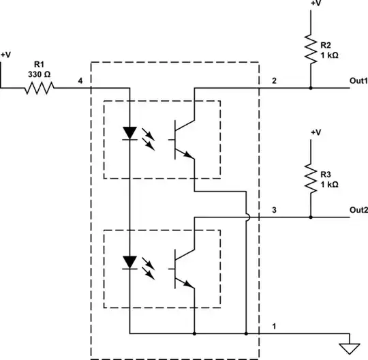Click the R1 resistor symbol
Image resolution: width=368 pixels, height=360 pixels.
click(40, 88)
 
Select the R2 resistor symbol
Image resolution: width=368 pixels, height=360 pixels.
click(311, 50)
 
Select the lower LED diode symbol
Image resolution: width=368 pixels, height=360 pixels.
click(127, 261)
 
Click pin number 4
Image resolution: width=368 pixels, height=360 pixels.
click(80, 81)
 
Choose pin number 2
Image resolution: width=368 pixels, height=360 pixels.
click(273, 81)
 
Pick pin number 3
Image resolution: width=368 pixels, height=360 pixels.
click(273, 209)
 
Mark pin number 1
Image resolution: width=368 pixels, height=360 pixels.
click(275, 326)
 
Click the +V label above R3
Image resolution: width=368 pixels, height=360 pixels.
click(315, 132)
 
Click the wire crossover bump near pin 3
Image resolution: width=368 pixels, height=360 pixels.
click(247, 217)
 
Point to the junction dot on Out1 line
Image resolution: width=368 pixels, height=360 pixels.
click(311, 88)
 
